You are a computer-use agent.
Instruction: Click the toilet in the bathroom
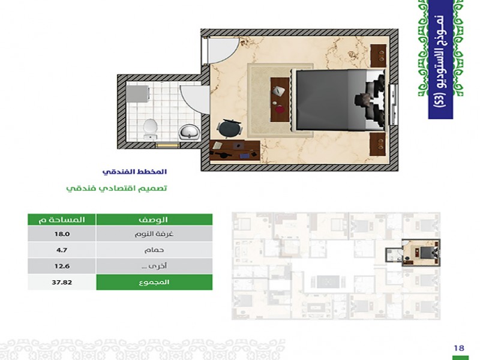(151, 129)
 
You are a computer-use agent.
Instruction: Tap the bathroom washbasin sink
(189, 132)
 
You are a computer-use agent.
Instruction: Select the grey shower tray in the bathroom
(138, 94)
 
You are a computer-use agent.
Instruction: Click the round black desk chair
(230, 128)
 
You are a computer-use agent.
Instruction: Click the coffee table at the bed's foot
(280, 100)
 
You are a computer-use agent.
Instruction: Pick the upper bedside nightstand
(379, 56)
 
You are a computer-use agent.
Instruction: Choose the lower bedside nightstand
(378, 144)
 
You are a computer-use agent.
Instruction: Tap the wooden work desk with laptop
(235, 151)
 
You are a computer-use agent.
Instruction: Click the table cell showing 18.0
(62, 234)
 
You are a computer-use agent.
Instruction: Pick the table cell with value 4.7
(62, 250)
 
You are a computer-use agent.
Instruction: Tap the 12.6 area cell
(62, 266)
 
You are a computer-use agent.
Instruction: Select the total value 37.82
(62, 282)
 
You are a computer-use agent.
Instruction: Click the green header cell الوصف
(154, 220)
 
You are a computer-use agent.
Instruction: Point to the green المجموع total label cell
(154, 282)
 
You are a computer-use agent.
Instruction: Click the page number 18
(459, 348)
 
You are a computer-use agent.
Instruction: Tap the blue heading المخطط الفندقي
(134, 172)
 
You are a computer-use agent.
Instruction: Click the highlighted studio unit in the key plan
(413, 253)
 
